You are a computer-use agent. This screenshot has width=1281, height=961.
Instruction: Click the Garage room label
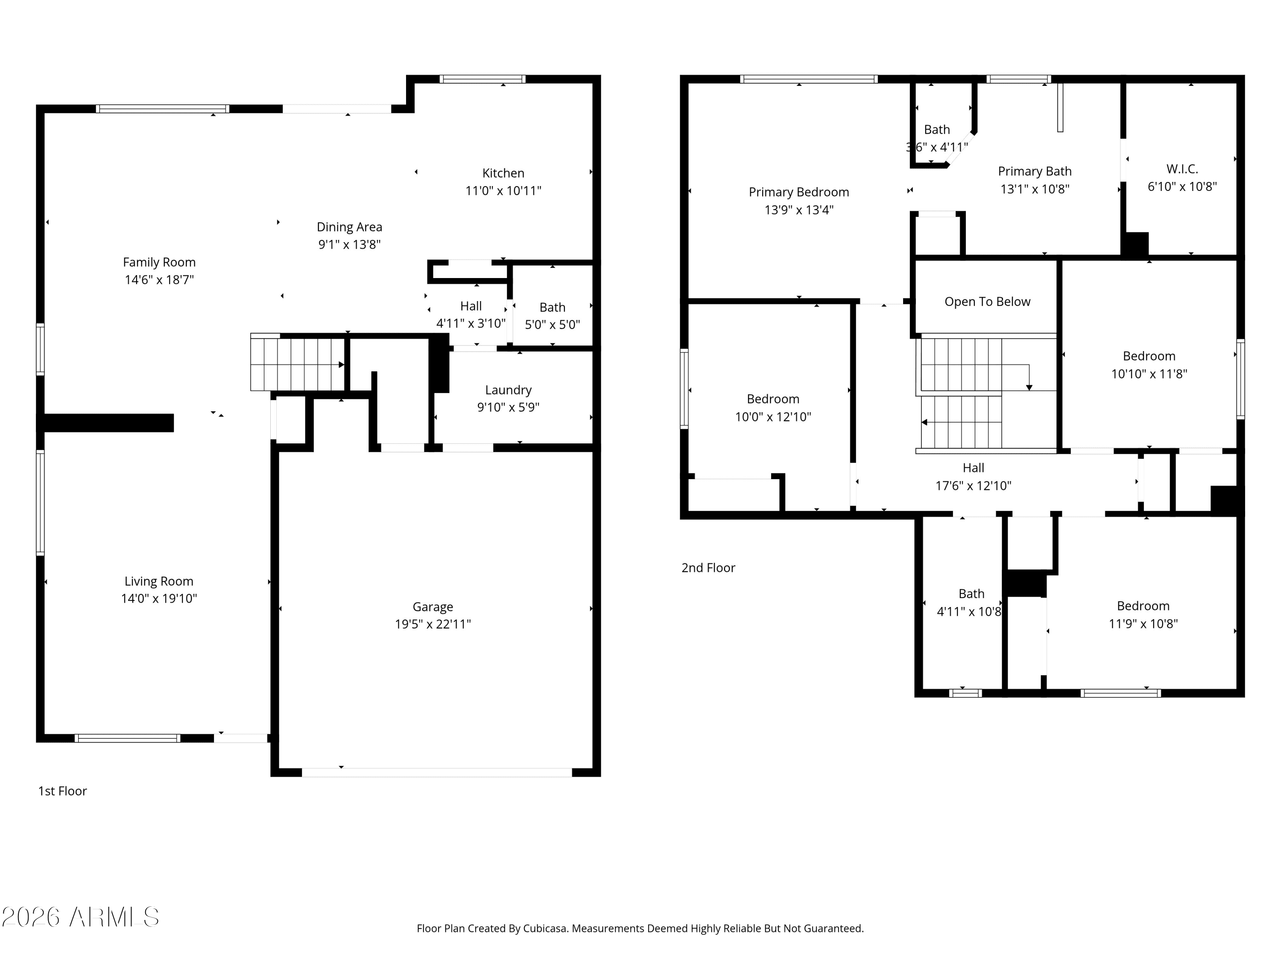[433, 606]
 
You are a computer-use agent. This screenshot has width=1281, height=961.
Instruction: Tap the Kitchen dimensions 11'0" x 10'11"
[503, 190]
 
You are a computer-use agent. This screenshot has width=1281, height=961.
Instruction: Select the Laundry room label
[508, 390]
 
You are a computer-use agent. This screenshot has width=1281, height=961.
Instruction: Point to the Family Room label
[159, 262]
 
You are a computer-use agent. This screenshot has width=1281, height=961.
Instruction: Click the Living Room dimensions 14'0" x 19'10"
[159, 598]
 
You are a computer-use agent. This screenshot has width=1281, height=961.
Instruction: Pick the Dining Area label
[349, 227]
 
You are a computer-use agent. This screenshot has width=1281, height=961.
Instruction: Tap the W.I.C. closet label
[1182, 169]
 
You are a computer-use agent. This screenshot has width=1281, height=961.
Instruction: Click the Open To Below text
[987, 302]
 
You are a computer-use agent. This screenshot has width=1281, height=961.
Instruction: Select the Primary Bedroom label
[798, 192]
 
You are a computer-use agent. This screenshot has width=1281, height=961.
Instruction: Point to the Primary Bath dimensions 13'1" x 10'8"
[1034, 189]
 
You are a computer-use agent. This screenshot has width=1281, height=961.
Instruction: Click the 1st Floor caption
[62, 791]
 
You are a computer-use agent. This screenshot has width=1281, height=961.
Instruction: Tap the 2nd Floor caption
[708, 568]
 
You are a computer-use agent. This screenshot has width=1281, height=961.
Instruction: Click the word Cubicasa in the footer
[544, 929]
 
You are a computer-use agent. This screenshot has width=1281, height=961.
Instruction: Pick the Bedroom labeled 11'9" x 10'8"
[1143, 606]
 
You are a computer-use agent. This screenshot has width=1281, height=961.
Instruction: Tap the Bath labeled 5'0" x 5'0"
[552, 308]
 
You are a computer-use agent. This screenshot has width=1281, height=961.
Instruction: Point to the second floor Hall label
[973, 468]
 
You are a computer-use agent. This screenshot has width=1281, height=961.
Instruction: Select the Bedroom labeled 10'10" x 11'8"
[1148, 356]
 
